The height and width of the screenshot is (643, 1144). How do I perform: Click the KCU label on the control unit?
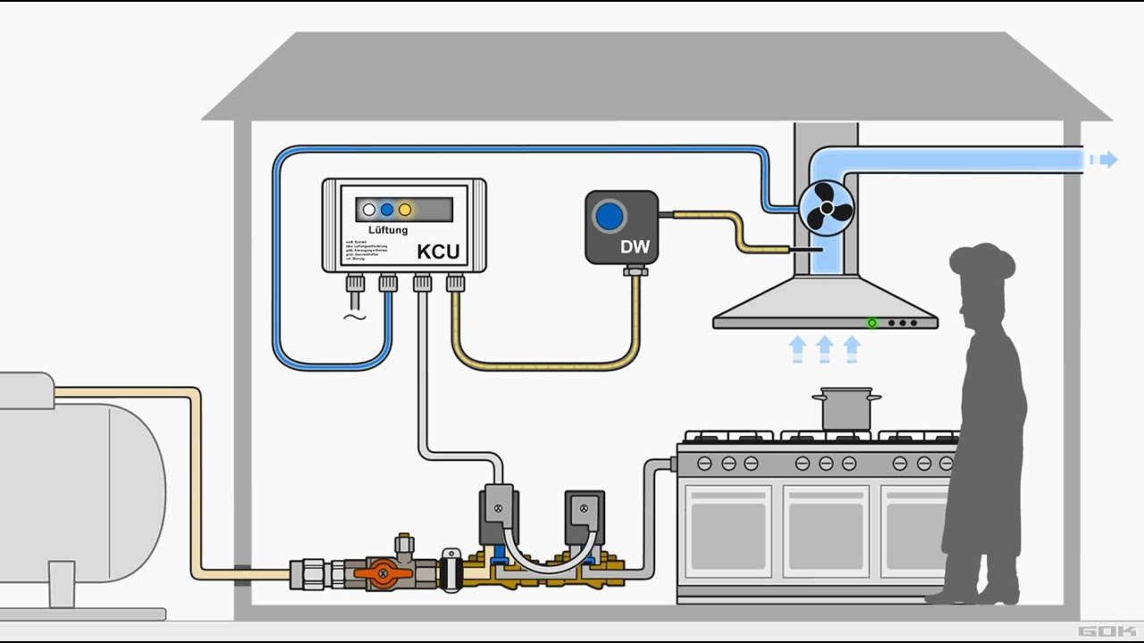point(438,251)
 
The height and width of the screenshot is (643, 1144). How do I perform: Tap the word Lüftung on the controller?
point(388,230)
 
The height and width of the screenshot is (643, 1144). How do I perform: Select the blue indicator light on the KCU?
point(387,210)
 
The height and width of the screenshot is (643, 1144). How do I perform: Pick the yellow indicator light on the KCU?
point(405,210)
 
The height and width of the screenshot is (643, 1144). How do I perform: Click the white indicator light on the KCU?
point(369,210)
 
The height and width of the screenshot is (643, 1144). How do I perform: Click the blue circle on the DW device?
point(610,215)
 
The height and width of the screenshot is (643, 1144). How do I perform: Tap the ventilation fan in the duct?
point(826,208)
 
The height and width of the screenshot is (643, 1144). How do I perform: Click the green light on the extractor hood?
point(871,322)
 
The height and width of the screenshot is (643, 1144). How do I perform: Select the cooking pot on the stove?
point(845,409)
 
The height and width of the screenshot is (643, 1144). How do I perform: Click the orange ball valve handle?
point(383,573)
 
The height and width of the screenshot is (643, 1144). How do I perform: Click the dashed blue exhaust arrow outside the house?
point(1103,160)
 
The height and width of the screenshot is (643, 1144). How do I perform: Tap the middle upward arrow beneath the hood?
point(825,349)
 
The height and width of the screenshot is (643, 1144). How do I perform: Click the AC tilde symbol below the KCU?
point(355,317)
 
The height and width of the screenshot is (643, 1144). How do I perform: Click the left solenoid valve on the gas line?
point(498,514)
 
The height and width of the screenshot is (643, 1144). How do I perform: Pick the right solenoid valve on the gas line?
point(583,514)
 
